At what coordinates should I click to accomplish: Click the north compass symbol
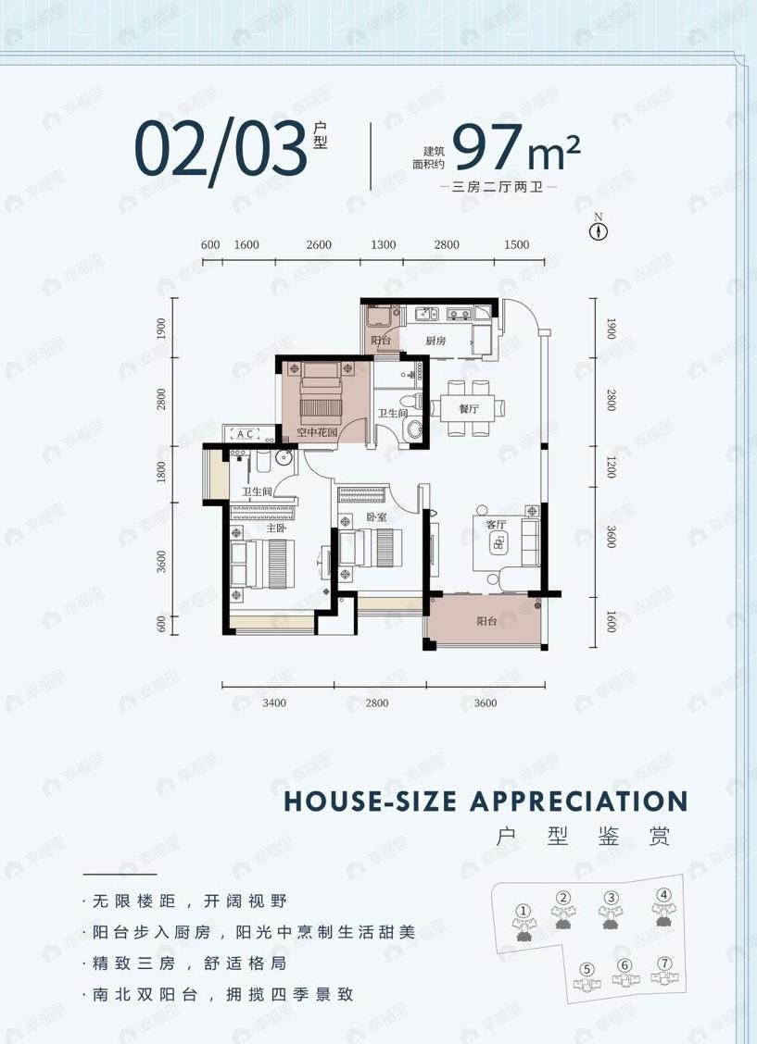pos(599,231)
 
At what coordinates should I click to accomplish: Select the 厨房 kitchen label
pos(436,342)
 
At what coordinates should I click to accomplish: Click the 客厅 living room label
pos(497,524)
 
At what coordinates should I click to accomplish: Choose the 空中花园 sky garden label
pos(314,432)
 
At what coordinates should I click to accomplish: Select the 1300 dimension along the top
pos(384,245)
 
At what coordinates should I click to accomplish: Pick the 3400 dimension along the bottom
pos(274,703)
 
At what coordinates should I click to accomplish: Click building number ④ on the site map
pos(663,895)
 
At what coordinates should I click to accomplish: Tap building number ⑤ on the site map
pos(586,969)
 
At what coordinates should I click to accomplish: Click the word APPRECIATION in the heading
pos(579,802)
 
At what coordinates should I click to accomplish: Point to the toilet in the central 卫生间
pos(415,429)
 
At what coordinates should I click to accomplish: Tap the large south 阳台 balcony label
pos(486,622)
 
